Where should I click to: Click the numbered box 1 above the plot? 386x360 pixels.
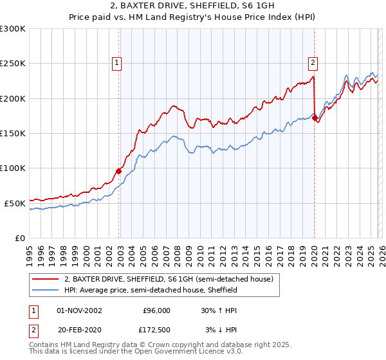(x=116, y=62)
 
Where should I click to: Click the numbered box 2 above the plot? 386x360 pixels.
(x=313, y=62)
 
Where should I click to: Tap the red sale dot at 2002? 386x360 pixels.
(x=119, y=171)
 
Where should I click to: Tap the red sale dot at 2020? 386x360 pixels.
(x=315, y=118)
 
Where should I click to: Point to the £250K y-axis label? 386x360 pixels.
(x=13, y=64)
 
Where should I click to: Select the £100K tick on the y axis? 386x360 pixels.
(x=13, y=168)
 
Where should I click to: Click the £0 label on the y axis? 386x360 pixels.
(x=19, y=238)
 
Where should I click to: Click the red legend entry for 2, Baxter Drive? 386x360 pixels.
(x=169, y=279)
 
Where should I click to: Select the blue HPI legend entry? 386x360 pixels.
(x=151, y=291)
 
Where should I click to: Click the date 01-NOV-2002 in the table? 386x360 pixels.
(x=79, y=310)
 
